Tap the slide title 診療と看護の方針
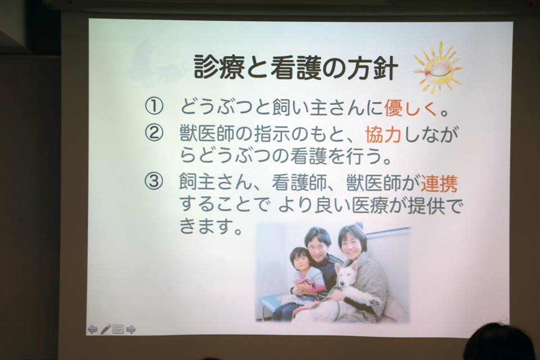[x=296, y=67]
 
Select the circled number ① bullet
[x=153, y=107]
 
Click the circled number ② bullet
[x=153, y=133]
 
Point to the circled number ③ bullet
[x=153, y=182]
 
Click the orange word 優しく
[x=411, y=107]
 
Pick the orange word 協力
[x=383, y=134]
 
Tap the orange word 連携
[x=439, y=183]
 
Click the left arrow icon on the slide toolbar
[x=92, y=330]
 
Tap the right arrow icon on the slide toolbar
[x=131, y=330]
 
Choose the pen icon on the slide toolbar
[x=105, y=330]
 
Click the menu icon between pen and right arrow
[x=118, y=330]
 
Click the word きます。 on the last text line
[x=210, y=227]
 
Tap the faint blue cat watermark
[x=151, y=61]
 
